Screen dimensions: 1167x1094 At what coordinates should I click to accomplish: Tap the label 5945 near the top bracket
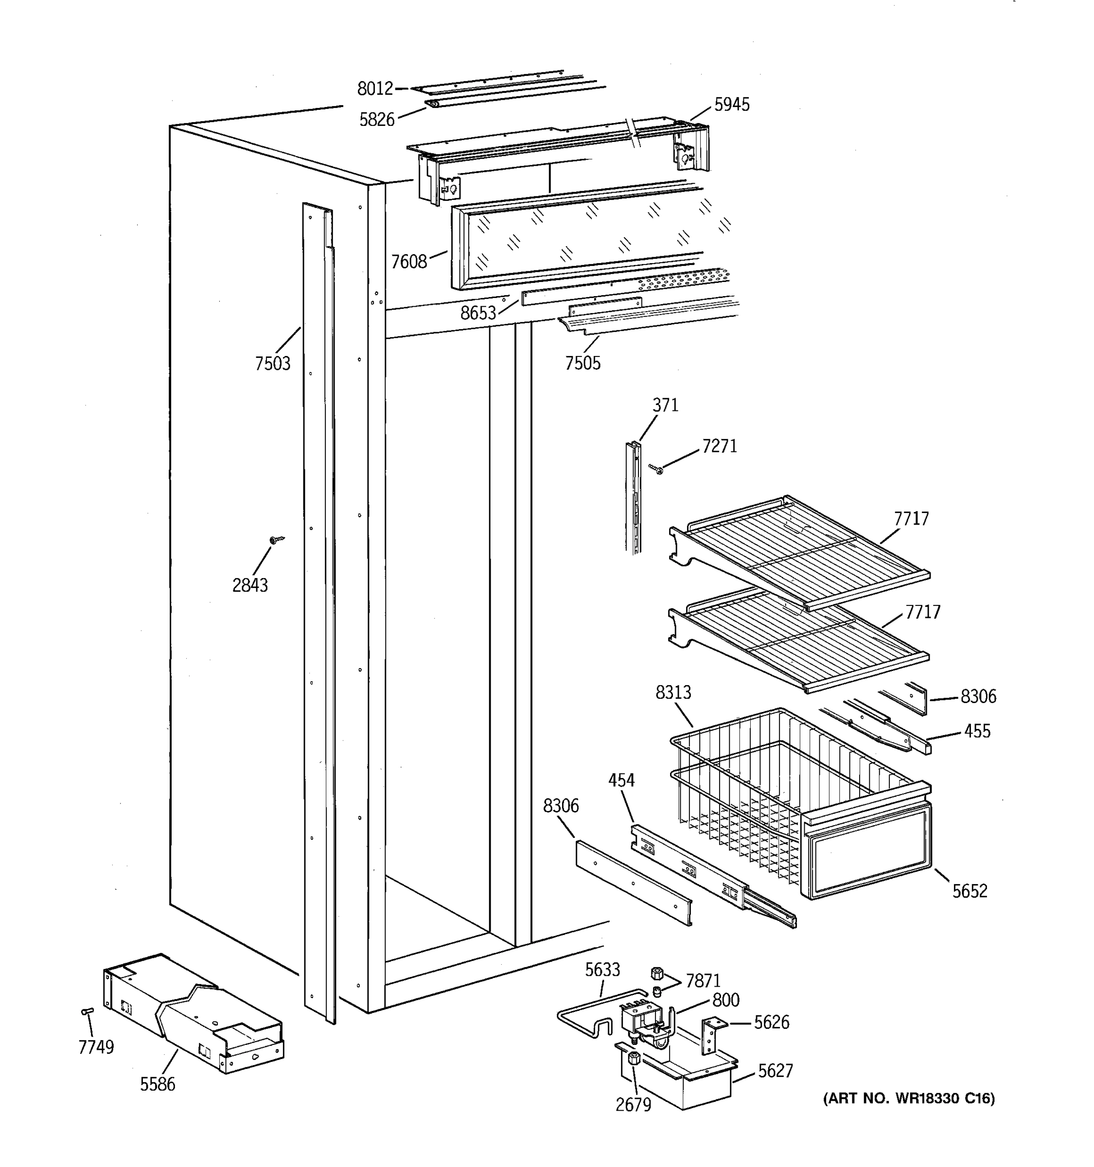pos(731,105)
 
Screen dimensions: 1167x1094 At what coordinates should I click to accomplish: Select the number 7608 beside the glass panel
pos(409,261)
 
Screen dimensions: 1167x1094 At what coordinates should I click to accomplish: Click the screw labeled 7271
pos(656,468)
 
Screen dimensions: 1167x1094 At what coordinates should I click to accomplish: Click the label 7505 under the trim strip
pos(583,363)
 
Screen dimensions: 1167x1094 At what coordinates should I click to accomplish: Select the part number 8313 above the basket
pos(673,693)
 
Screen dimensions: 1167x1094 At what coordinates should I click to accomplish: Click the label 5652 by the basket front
pos(970,891)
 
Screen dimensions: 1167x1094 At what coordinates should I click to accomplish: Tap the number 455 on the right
pos(977,731)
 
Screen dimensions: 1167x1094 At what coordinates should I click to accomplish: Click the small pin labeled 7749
pos(87,1011)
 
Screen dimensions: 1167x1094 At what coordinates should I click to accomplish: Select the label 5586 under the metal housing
pos(157,1084)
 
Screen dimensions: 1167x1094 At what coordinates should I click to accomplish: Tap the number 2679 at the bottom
pos(633,1105)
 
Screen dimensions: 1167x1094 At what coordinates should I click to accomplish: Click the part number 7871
pos(703,981)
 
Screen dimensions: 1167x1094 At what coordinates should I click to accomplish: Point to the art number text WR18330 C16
pos(909,1098)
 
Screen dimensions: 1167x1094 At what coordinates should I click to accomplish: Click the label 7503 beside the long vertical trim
pos(272,364)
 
